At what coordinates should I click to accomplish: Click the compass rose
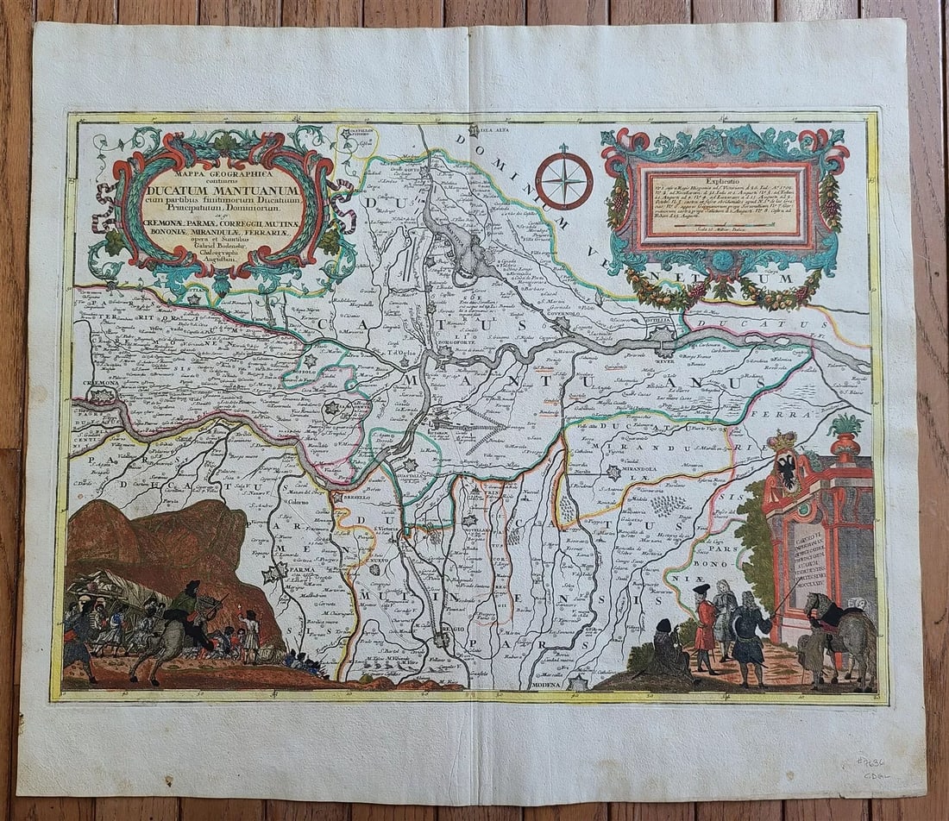(563, 181)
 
